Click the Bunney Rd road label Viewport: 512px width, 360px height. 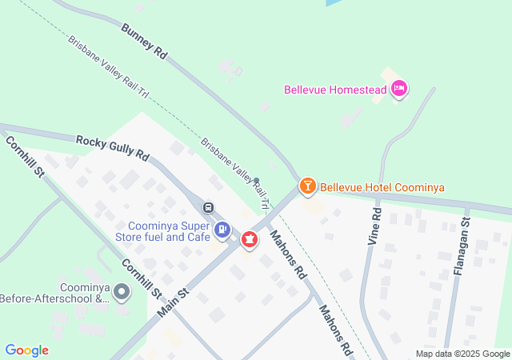(x=145, y=42)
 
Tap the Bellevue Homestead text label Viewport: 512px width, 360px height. (x=334, y=89)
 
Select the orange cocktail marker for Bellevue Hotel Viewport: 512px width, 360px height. (x=307, y=186)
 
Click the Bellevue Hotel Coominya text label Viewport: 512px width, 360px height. (x=382, y=188)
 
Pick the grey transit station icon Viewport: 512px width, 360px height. (x=209, y=208)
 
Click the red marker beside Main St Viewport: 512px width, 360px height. (x=250, y=238)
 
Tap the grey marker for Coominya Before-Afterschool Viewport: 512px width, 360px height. (x=122, y=292)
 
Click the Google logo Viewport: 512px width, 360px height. (x=26, y=350)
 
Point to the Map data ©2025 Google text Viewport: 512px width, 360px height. (x=462, y=354)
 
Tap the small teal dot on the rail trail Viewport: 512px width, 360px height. (x=257, y=179)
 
